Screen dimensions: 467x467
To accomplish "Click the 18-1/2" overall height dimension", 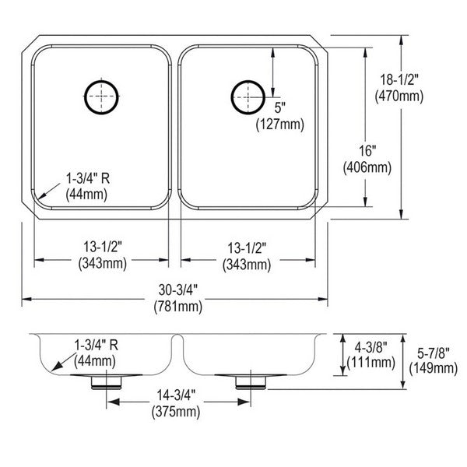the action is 399,80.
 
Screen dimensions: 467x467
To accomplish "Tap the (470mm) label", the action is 399,96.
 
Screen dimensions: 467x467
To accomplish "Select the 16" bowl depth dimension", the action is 367,151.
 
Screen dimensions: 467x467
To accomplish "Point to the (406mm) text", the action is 367,167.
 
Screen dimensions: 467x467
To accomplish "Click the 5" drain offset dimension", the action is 280,107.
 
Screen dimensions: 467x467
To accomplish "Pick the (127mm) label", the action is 280,124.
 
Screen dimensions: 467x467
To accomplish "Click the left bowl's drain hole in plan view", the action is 101,97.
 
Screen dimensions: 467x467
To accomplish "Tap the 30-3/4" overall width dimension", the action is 178,290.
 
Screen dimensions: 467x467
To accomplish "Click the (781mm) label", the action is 178,306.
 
